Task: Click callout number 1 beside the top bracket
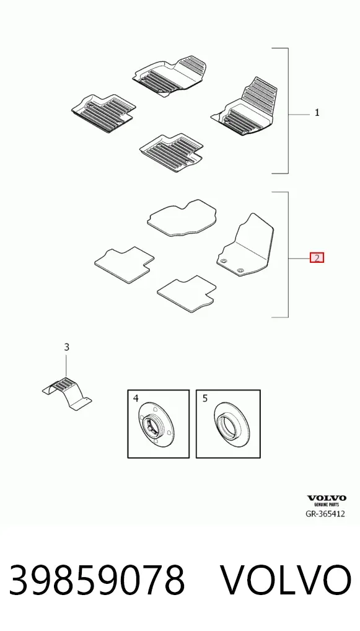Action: coord(317,113)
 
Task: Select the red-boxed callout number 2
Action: coord(317,258)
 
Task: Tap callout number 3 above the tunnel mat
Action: coord(67,346)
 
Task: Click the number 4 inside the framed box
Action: coord(136,399)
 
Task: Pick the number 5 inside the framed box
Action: coord(205,399)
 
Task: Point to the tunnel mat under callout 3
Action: coord(67,394)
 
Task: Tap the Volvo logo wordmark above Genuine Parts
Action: coord(327,498)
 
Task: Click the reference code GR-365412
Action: coord(325,514)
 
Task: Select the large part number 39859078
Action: coord(97,580)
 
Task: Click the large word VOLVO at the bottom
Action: coord(286,580)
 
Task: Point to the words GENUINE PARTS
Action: coord(327,504)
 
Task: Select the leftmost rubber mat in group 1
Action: coord(103,113)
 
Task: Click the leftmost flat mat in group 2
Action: coord(125,265)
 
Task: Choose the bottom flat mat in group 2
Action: coord(187,293)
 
